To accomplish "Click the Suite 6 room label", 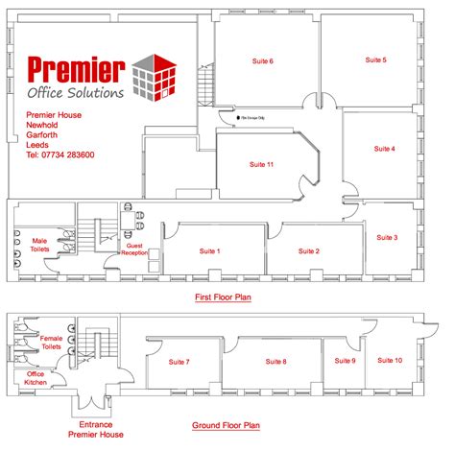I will [x=264, y=61].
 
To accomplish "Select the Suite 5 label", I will [x=376, y=59].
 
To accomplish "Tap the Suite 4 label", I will [x=384, y=149].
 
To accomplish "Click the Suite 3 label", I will [x=387, y=237].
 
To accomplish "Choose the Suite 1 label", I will [x=209, y=251].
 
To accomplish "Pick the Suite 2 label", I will [x=309, y=251].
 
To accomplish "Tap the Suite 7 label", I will [x=180, y=362].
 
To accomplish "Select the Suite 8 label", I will [x=275, y=362].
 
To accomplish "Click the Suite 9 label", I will [x=345, y=360].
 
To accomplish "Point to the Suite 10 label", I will [x=390, y=360].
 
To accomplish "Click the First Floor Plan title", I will [x=223, y=298].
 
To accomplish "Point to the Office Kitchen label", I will [x=36, y=378].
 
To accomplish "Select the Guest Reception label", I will [x=134, y=249].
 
